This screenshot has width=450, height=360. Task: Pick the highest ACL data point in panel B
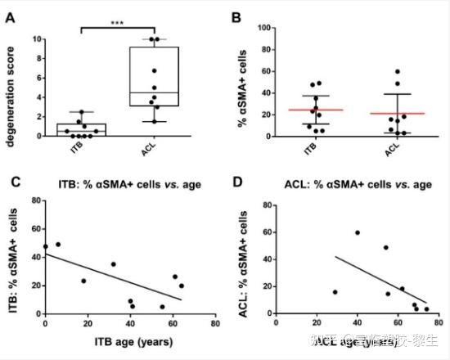coord(398,71)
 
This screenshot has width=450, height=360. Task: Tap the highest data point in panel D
coord(357,232)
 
